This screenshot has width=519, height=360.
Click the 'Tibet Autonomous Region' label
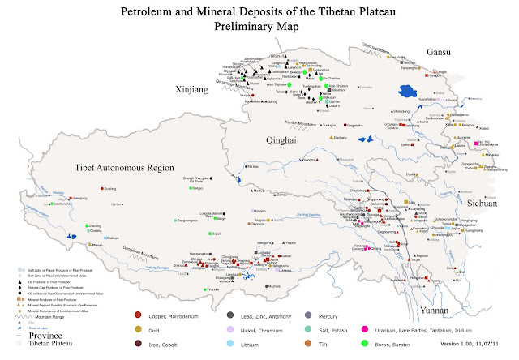[119, 169]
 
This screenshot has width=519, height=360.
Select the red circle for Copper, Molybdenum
[139, 314]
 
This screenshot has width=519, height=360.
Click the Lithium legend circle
[230, 343]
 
